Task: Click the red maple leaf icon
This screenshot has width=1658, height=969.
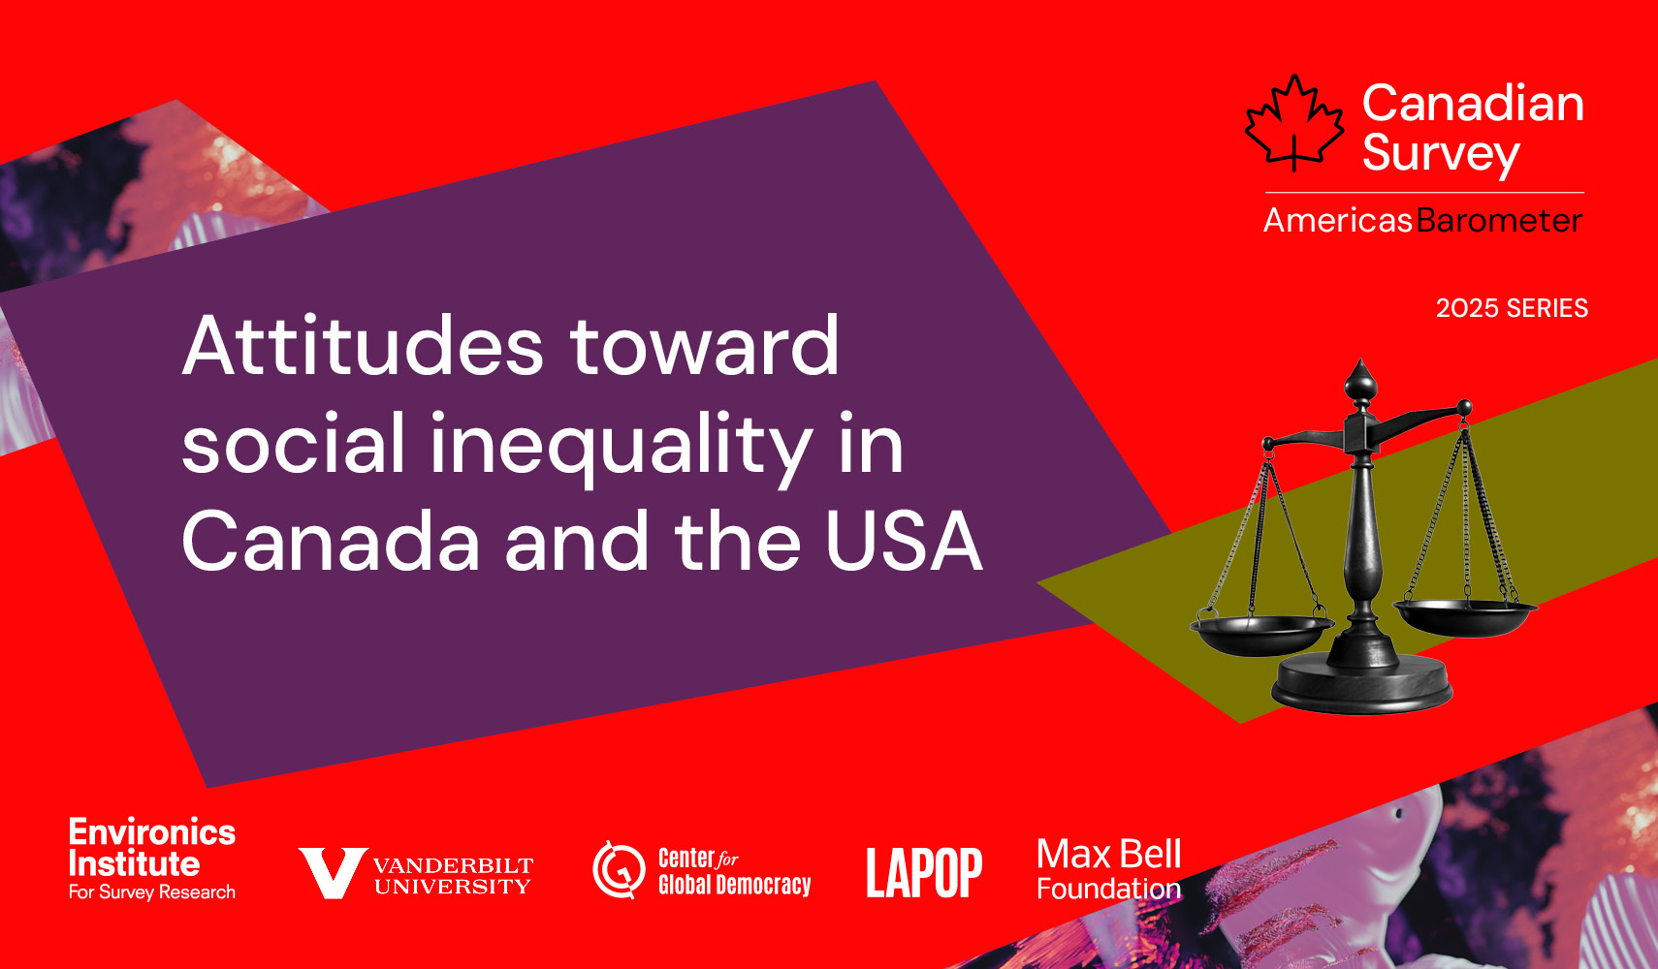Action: point(1293,123)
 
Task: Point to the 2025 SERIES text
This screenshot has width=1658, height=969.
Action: point(1512,308)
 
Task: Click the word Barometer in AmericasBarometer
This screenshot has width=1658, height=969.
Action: point(1499,220)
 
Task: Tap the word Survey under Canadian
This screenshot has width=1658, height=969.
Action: point(1441,154)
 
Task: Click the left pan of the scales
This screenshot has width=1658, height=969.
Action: point(1261,635)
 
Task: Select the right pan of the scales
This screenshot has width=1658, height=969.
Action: point(1466,616)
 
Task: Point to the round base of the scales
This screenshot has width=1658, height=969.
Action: point(1362,685)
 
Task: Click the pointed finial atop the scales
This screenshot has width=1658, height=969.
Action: point(1360,382)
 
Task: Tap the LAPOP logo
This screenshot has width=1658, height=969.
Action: point(924,873)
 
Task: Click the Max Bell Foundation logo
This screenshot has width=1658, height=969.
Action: point(1109,870)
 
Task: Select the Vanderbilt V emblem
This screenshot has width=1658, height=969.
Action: point(333,874)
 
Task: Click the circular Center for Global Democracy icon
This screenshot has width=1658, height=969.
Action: point(619,870)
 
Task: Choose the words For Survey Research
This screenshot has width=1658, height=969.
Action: point(151,892)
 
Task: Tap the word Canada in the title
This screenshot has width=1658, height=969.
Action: point(331,542)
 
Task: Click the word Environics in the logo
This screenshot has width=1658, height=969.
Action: point(151,832)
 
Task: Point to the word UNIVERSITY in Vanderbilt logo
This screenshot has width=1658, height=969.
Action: point(452,887)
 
